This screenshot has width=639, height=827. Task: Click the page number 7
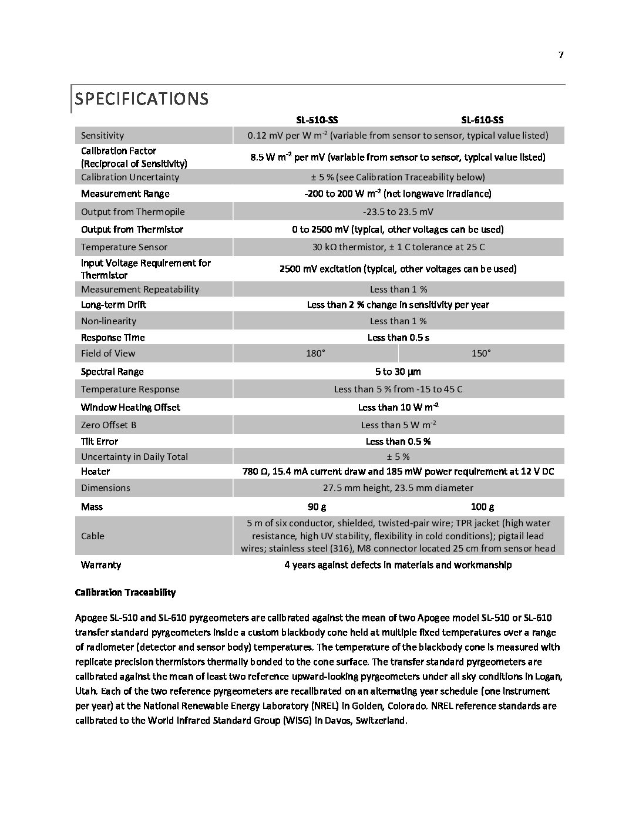pyautogui.click(x=561, y=55)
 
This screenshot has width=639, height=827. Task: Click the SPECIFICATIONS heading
pyautogui.click(x=141, y=99)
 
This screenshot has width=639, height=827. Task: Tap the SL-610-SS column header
pyautogui.click(x=482, y=120)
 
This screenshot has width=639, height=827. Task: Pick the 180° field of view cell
pyautogui.click(x=315, y=353)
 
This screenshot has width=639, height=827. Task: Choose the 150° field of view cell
pyautogui.click(x=481, y=353)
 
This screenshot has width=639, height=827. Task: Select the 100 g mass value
pyautogui.click(x=482, y=506)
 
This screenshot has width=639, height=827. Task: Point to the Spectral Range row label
pyautogui.click(x=112, y=371)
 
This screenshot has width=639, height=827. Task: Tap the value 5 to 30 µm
pyautogui.click(x=398, y=371)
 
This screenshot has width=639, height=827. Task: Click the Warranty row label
pyautogui.click(x=101, y=564)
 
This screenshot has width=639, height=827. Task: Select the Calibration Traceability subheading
pyautogui.click(x=125, y=592)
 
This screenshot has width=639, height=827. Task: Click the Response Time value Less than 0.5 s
pyautogui.click(x=398, y=337)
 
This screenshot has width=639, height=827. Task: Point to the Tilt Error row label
pyautogui.click(x=99, y=441)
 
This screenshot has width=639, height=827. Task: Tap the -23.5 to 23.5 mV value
pyautogui.click(x=398, y=211)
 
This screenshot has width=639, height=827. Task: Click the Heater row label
pyautogui.click(x=95, y=471)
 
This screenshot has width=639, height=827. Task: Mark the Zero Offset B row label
pyautogui.click(x=109, y=425)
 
